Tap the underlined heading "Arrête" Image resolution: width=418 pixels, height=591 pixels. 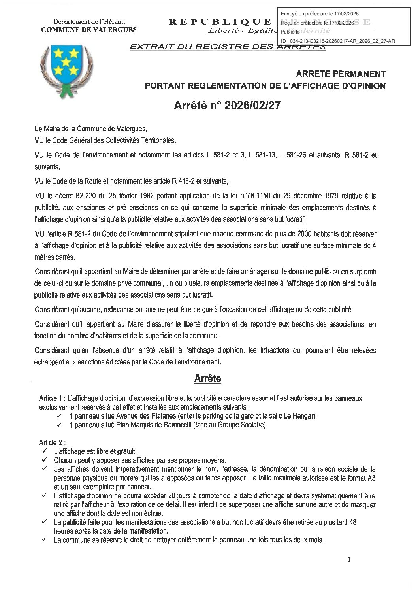(x=207, y=379)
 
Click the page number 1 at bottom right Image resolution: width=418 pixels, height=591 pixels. (x=349, y=559)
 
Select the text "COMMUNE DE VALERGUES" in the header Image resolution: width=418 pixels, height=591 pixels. (x=89, y=29)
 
